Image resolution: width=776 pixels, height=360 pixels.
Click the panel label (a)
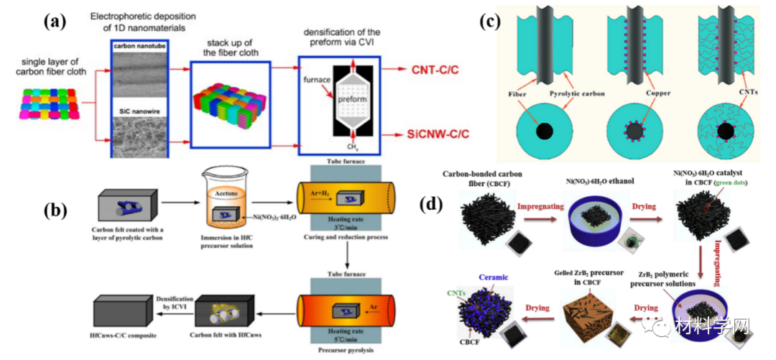(x=57, y=22)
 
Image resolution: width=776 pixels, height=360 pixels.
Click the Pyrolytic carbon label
(x=565, y=93)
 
